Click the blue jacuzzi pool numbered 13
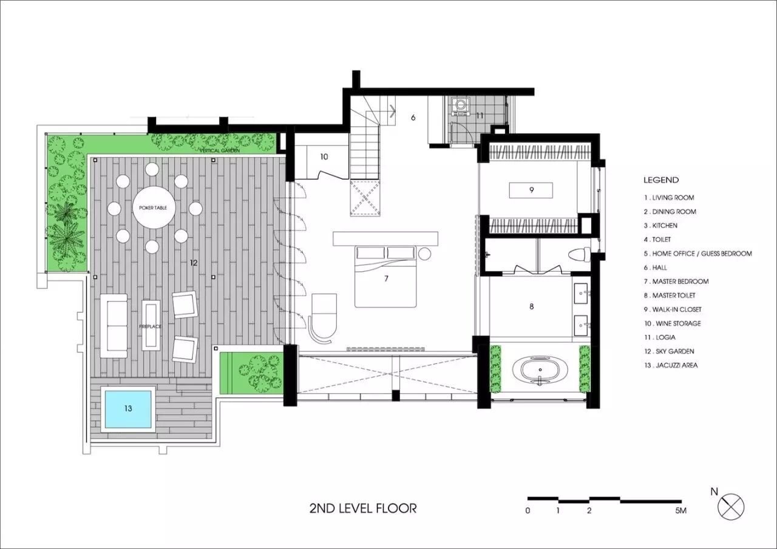128,409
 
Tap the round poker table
154,207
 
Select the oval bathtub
540,372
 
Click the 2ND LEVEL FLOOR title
363,508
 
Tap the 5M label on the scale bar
680,511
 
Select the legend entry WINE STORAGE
673,323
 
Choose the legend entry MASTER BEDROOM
676,281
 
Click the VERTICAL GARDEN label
220,151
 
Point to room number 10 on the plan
324,157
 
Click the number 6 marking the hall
413,118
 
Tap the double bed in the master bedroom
385,276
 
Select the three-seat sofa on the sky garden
114,326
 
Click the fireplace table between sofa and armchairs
151,325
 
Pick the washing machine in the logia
460,107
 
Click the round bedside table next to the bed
424,254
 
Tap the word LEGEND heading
661,180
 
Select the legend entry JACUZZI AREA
671,365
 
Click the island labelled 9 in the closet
531,190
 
